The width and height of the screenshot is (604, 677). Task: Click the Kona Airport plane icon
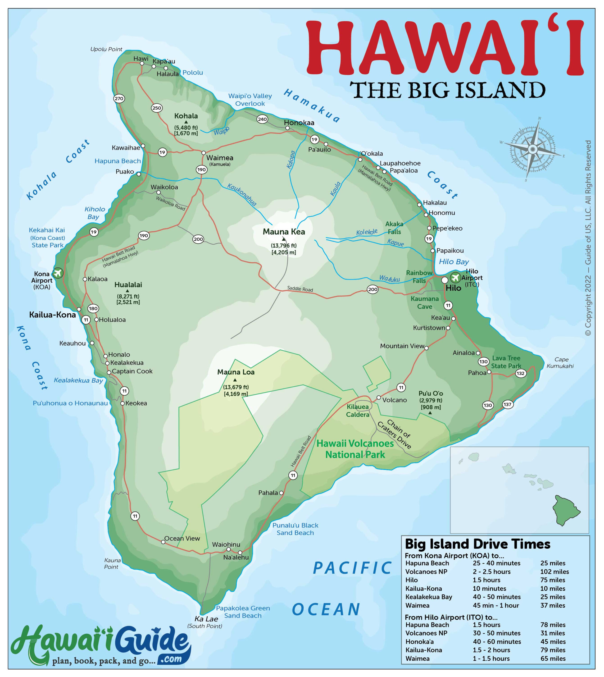pos(58,273)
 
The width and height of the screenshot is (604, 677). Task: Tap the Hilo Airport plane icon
pos(455,277)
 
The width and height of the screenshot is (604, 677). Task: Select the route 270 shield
pos(119,99)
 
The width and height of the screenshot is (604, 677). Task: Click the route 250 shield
pos(157,108)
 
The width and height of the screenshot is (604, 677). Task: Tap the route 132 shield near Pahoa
pos(520,373)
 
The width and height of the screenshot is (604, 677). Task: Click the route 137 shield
pos(507,404)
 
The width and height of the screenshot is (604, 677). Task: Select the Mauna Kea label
pos(284,232)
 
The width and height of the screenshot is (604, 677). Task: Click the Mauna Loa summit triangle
pos(235,380)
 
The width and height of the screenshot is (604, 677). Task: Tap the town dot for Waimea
pos(204,153)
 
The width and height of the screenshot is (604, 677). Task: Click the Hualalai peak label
pos(128,285)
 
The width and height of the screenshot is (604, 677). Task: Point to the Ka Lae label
pos(206,619)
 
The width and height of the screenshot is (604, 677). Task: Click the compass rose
pos(532,150)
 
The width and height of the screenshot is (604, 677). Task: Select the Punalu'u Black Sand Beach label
pos(295,529)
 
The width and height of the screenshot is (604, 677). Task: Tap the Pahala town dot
pos(281,493)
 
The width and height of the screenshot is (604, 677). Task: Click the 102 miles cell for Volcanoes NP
pos(554,571)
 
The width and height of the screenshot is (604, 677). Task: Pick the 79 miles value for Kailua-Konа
pos(553,650)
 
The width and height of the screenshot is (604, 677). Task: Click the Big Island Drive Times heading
pos(477,544)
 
